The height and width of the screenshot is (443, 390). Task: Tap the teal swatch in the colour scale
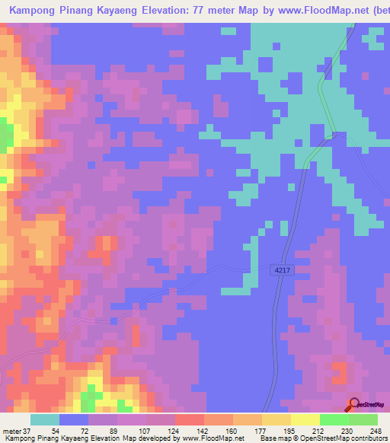coord(45,419)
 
